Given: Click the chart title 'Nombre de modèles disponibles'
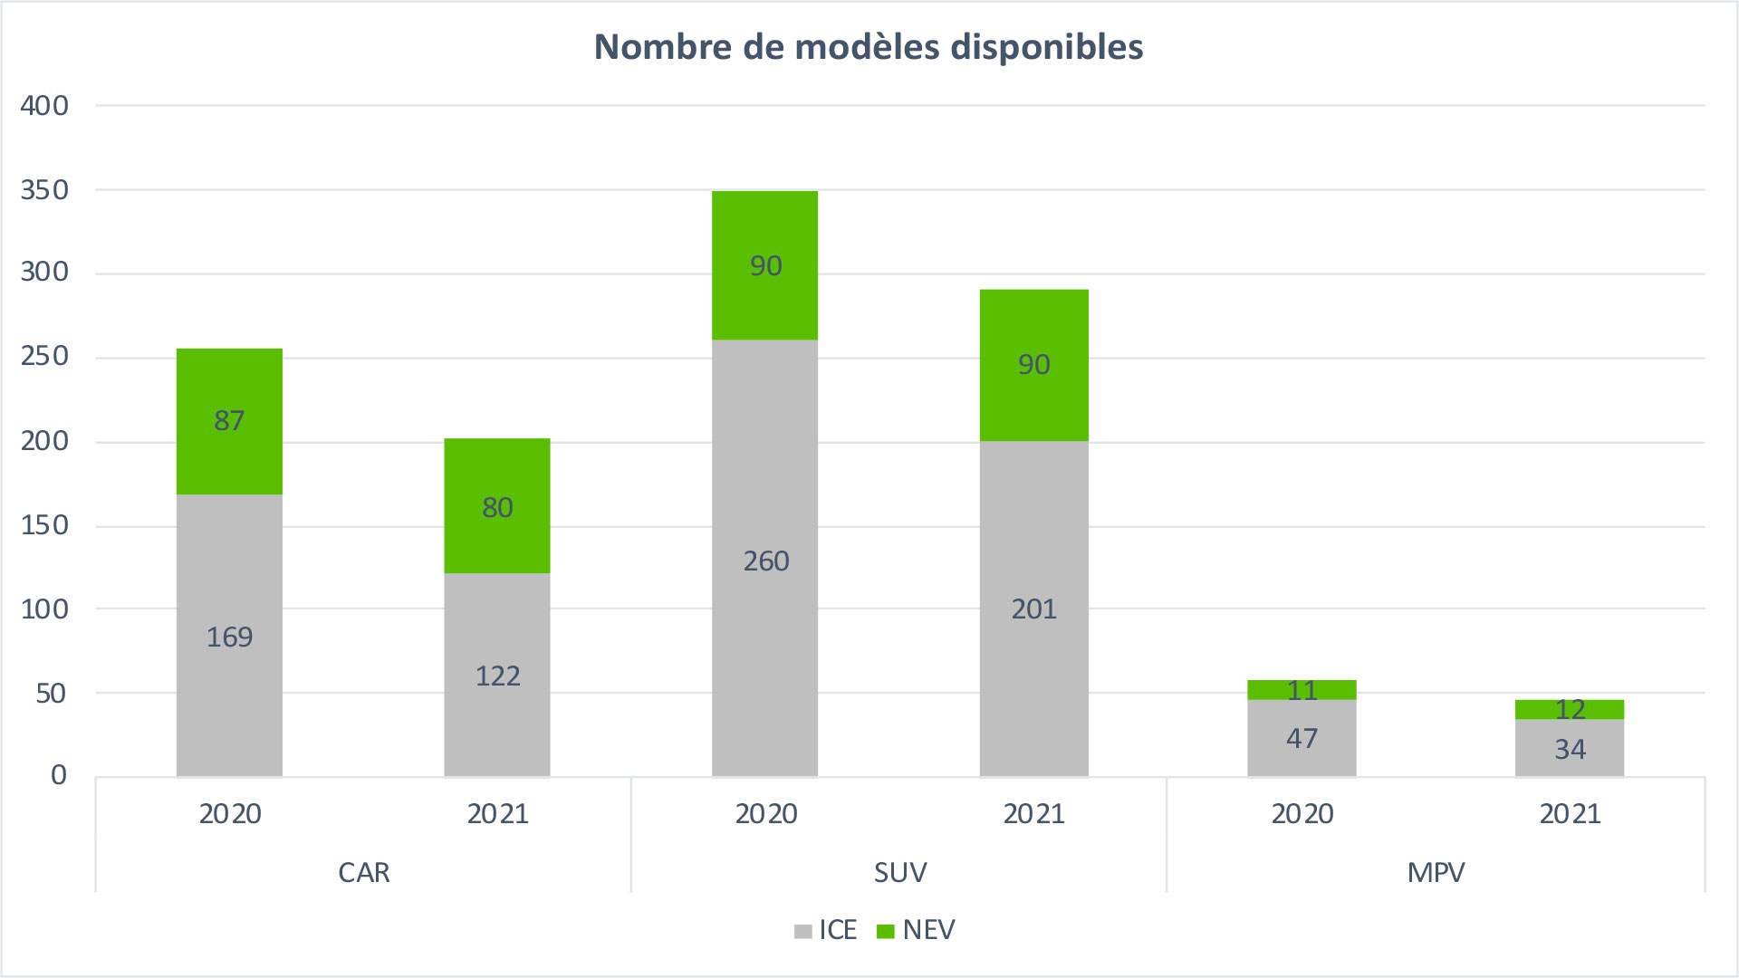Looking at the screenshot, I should [x=868, y=47].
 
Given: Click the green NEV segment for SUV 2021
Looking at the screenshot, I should [x=1033, y=398].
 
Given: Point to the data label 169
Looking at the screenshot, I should [x=229, y=638].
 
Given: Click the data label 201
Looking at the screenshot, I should [x=1033, y=609].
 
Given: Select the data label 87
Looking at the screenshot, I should [x=229, y=421].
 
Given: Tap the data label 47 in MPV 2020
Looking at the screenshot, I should [x=1302, y=739].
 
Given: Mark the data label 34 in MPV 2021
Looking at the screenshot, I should [x=1570, y=750].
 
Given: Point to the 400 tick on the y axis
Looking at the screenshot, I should [x=44, y=106].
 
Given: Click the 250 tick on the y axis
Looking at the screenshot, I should [x=44, y=357].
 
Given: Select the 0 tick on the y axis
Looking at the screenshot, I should [x=59, y=775].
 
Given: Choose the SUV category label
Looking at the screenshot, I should [x=899, y=873].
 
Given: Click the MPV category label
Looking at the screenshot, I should [x=1436, y=873].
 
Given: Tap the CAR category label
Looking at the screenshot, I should [x=363, y=873].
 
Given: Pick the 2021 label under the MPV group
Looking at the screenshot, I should [x=1570, y=814].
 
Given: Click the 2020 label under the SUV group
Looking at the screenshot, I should [x=765, y=814].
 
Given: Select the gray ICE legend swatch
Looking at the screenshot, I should [x=802, y=932].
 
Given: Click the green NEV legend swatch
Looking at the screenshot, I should [x=886, y=932].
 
